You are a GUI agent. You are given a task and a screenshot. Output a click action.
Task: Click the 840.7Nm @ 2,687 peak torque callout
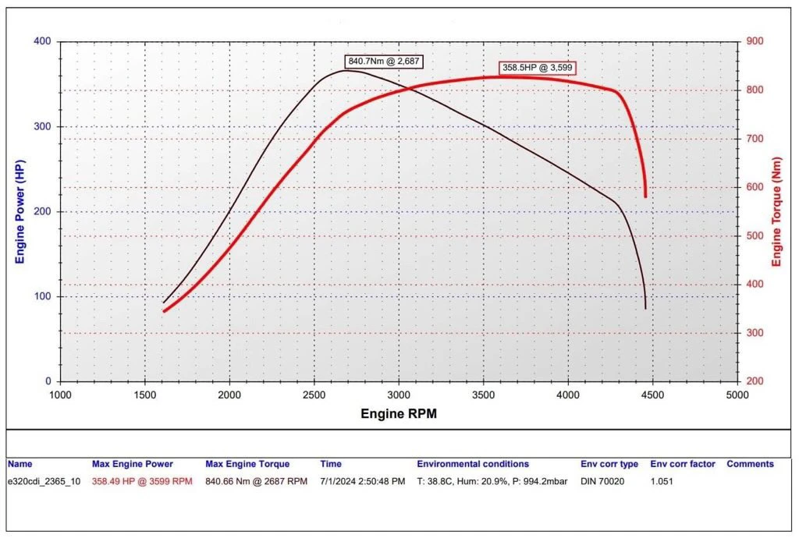384,61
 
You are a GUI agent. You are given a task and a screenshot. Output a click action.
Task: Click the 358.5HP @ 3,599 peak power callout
538,68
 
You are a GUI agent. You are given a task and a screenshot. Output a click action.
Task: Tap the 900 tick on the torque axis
755,41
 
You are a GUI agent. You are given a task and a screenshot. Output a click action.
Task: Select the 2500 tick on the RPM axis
314,395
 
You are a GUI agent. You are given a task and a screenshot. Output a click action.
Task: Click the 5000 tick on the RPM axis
737,395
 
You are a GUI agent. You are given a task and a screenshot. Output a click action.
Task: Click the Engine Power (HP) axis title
21,211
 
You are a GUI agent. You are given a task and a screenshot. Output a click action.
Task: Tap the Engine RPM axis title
398,414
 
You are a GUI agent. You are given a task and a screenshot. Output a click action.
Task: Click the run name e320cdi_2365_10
44,481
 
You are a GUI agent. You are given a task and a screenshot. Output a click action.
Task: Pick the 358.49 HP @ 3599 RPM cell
141,481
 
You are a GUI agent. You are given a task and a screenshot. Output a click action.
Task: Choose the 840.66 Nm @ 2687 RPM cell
256,481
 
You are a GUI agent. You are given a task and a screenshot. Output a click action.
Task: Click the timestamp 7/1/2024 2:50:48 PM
362,481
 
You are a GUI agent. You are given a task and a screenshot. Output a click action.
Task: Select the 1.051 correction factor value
662,481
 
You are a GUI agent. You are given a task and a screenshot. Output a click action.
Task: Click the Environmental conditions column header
473,464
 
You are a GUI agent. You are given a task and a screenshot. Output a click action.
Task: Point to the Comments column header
750,464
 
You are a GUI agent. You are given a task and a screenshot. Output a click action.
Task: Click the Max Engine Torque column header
247,464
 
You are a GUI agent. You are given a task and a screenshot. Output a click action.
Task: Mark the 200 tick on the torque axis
755,381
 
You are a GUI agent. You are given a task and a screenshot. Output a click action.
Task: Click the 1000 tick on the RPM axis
60,395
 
